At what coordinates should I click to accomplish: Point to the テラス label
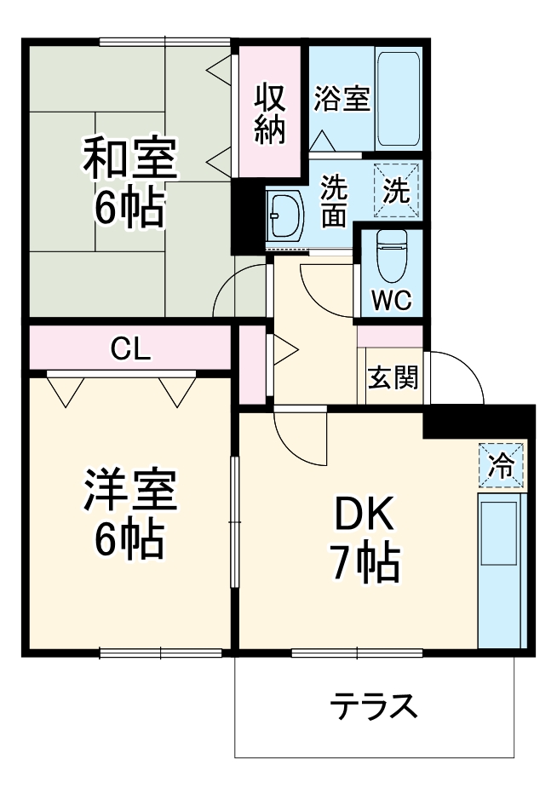click(x=375, y=706)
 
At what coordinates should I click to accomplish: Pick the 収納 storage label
click(x=270, y=112)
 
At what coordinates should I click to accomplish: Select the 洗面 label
click(x=333, y=201)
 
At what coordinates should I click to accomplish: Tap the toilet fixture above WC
click(x=393, y=255)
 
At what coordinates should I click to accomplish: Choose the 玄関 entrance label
click(x=391, y=377)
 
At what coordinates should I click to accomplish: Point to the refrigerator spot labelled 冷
click(x=502, y=465)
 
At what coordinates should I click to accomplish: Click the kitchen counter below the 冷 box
click(x=501, y=571)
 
